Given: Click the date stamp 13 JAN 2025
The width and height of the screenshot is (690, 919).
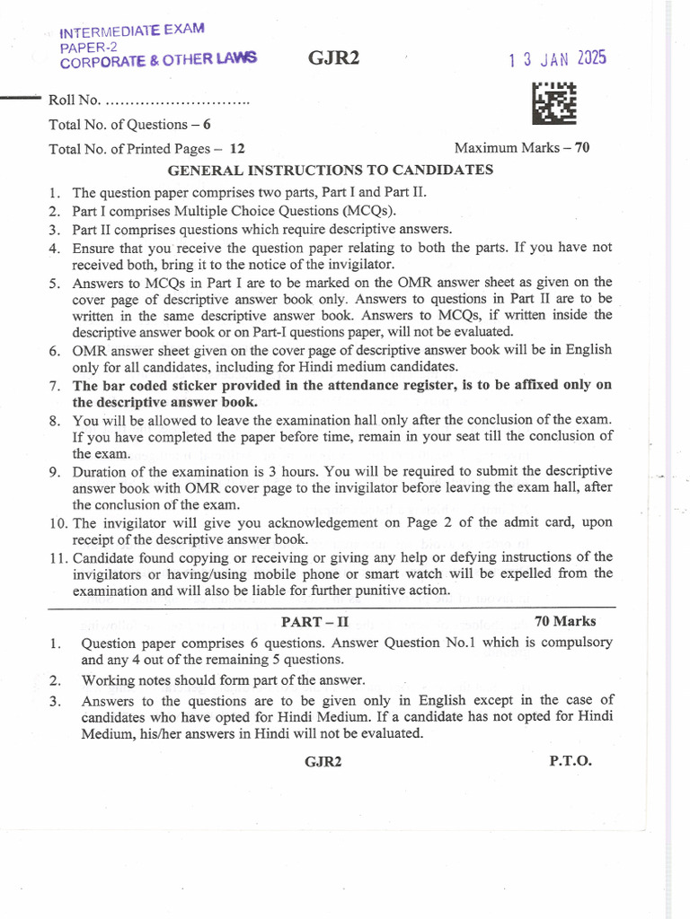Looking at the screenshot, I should (x=557, y=59).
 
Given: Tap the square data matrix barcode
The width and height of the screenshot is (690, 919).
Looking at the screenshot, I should (x=554, y=104).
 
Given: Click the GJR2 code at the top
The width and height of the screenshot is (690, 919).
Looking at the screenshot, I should (x=328, y=59).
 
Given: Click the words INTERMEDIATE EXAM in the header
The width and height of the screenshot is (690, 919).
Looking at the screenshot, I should (x=131, y=33).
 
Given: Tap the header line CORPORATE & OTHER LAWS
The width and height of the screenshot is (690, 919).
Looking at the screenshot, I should (x=158, y=60).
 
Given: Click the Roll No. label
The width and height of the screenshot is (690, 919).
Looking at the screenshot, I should (x=75, y=101).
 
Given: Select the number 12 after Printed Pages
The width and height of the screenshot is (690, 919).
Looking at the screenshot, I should (x=237, y=149).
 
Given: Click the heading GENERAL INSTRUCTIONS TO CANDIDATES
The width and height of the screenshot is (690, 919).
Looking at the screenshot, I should (x=331, y=170).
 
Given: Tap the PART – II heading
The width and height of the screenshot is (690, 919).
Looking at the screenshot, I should (x=312, y=621).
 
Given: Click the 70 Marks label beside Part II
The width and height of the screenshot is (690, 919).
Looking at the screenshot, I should (x=564, y=621).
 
